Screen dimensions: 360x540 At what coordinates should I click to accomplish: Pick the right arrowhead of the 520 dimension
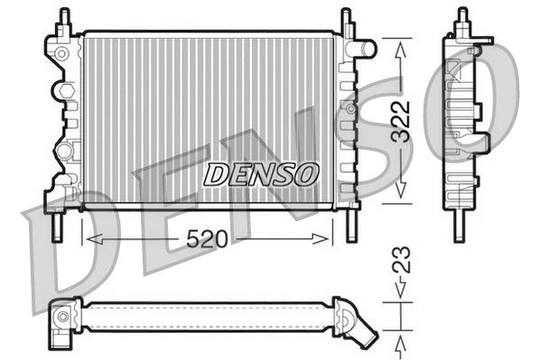[x=327, y=238]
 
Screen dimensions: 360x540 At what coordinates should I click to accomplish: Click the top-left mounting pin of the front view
[x=64, y=19]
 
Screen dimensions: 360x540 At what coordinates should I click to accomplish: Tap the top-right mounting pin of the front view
[x=346, y=19]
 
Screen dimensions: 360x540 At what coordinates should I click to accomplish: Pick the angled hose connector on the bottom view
[x=358, y=324]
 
